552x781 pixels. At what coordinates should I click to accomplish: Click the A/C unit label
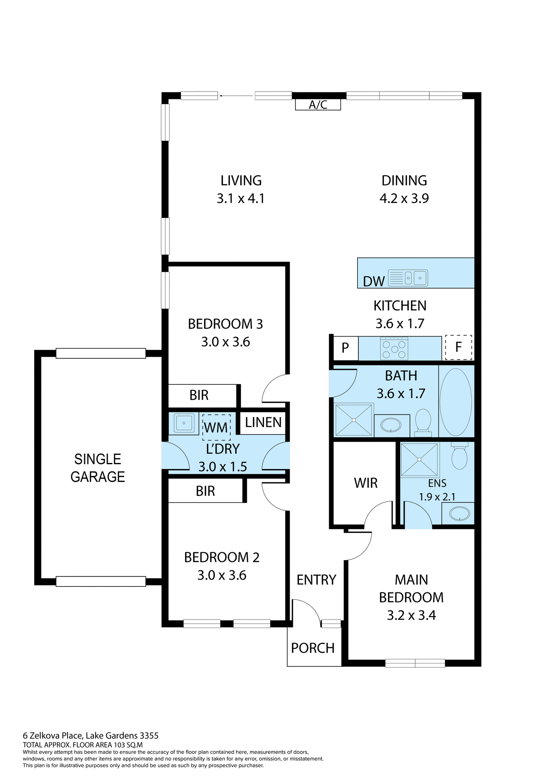[x=318, y=105]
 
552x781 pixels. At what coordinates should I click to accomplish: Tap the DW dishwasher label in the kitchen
[x=373, y=281]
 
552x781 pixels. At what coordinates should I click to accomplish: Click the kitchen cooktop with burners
[x=394, y=349]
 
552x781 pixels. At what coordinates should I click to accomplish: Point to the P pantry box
[x=345, y=348]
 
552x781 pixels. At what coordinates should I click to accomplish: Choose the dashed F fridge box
[x=458, y=347]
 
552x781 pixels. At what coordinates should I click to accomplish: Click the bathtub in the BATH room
[x=456, y=402]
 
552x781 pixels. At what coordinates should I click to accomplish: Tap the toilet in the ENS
[x=459, y=457]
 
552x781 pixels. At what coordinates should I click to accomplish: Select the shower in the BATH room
[x=353, y=420]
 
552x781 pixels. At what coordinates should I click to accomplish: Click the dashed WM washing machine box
[x=216, y=428]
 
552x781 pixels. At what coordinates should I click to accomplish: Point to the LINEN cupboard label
[x=263, y=423]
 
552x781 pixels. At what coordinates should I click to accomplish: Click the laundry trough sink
[x=183, y=423]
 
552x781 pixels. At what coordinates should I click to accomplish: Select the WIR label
[x=366, y=483]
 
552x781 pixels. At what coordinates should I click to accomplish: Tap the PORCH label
[x=313, y=648]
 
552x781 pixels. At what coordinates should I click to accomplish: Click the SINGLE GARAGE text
[x=98, y=468]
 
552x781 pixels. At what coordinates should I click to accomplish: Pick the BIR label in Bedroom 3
[x=199, y=395]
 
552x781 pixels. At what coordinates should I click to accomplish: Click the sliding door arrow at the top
[x=236, y=96]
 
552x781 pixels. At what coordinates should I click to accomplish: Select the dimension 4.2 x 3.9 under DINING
[x=404, y=199]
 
